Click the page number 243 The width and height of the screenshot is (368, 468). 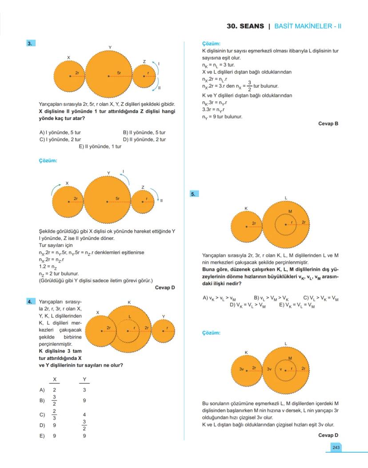click(x=335, y=447)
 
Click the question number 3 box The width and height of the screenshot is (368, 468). click(x=30, y=43)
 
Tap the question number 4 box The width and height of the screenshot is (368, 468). click(x=30, y=302)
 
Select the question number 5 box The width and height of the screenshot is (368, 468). click(x=194, y=194)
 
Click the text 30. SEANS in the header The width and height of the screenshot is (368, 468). click(x=245, y=26)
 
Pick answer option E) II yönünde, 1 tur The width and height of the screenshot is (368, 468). click(x=100, y=146)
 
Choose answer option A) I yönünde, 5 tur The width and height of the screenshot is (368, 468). click(x=60, y=132)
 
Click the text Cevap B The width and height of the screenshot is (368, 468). click(x=328, y=124)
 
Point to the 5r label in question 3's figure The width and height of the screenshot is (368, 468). click(x=119, y=72)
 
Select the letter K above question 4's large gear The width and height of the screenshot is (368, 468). click(x=129, y=302)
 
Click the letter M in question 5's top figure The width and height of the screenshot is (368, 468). click(x=290, y=211)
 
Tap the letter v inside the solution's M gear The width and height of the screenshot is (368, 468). click(x=281, y=369)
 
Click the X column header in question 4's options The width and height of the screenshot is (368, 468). click(x=54, y=379)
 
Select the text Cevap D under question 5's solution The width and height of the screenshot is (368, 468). click(x=328, y=435)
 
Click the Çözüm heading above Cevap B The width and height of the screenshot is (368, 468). click(x=211, y=44)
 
